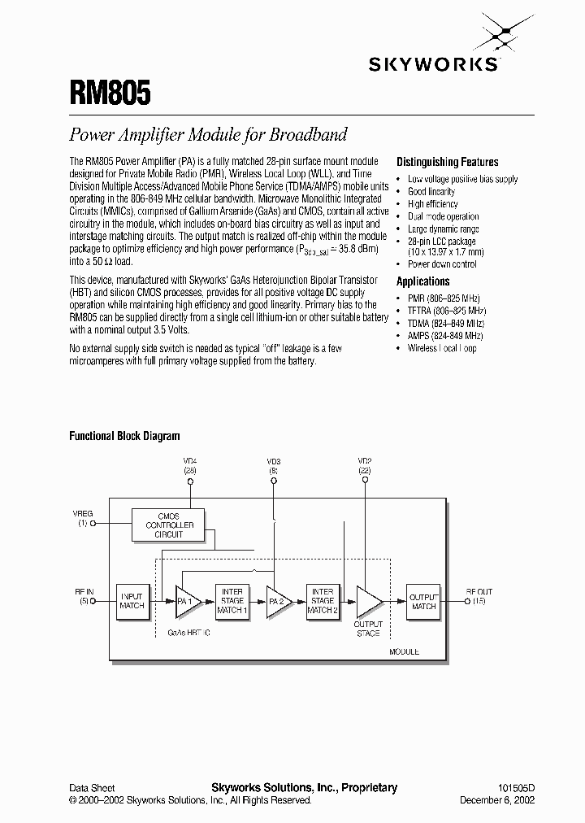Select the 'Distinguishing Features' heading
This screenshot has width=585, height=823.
click(x=447, y=162)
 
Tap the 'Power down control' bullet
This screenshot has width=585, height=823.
click(x=443, y=264)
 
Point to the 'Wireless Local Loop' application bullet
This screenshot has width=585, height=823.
click(x=442, y=348)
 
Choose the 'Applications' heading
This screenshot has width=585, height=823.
click(x=422, y=281)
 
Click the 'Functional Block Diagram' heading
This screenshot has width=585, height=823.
click(x=124, y=436)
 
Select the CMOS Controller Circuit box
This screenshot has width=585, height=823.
click(x=169, y=525)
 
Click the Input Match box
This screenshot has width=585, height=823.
click(x=132, y=600)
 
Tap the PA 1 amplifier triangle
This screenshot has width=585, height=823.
click(x=187, y=601)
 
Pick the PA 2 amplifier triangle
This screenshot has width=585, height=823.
click(x=279, y=601)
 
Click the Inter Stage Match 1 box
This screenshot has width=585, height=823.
click(x=232, y=600)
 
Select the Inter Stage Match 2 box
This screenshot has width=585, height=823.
click(x=323, y=600)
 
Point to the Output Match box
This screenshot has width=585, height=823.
click(x=423, y=601)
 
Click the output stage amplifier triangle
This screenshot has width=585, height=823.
click(x=368, y=601)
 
